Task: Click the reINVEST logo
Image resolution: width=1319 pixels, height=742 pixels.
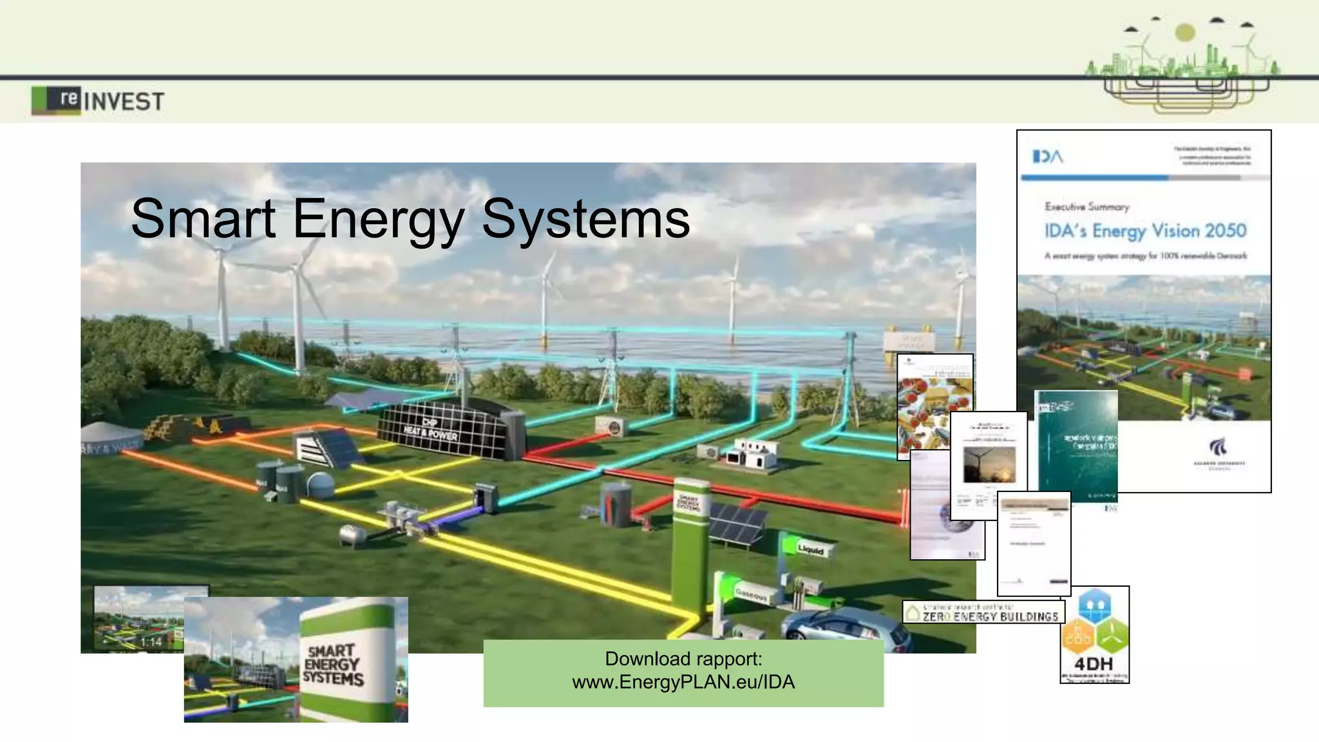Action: (98, 100)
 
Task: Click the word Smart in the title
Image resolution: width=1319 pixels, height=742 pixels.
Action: (204, 218)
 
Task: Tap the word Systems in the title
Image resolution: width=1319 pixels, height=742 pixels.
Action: (585, 218)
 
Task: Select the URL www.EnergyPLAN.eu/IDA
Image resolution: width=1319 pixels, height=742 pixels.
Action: (683, 682)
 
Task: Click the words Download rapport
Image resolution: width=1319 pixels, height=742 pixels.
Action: (683, 659)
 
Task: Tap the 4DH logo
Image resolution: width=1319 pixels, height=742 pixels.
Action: (1094, 634)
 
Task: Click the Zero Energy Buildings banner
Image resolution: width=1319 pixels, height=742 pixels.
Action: (983, 612)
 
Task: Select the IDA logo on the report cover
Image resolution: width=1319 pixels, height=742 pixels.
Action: (1047, 157)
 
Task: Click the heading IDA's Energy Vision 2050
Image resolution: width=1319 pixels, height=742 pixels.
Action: (1145, 231)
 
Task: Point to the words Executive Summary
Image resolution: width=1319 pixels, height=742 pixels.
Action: (1087, 207)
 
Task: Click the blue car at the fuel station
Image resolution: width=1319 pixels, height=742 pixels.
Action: (844, 628)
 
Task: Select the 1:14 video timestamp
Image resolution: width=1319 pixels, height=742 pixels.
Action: (151, 642)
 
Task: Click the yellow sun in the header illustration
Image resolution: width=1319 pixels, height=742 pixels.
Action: (1184, 32)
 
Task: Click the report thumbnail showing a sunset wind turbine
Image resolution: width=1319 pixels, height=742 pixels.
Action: (989, 464)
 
